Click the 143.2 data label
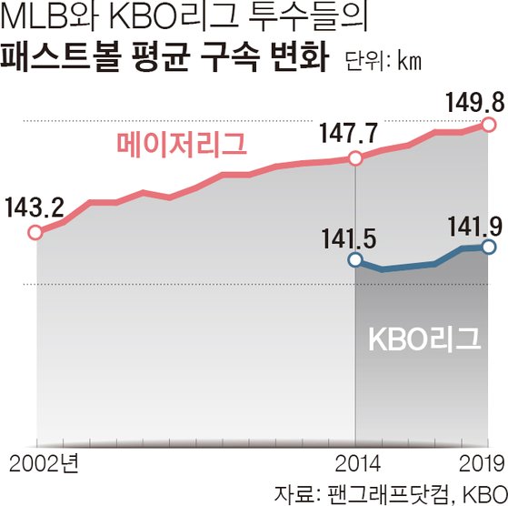[x=35, y=207]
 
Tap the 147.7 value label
[x=349, y=133]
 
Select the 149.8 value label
[x=475, y=103]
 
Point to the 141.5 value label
[x=349, y=239]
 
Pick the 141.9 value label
[x=475, y=227]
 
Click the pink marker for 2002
[x=35, y=233]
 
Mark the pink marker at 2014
[x=355, y=158]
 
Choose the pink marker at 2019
[x=489, y=125]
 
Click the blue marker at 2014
[x=355, y=259]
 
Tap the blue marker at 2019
[x=489, y=248]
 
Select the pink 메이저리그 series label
[x=182, y=145]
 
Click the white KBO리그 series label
[x=424, y=339]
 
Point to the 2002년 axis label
[x=44, y=463]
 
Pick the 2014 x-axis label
[x=357, y=464]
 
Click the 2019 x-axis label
[x=482, y=464]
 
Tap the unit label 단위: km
[x=383, y=61]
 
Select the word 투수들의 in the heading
[x=308, y=17]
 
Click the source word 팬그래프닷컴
[x=389, y=494]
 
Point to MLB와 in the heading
[x=49, y=17]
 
